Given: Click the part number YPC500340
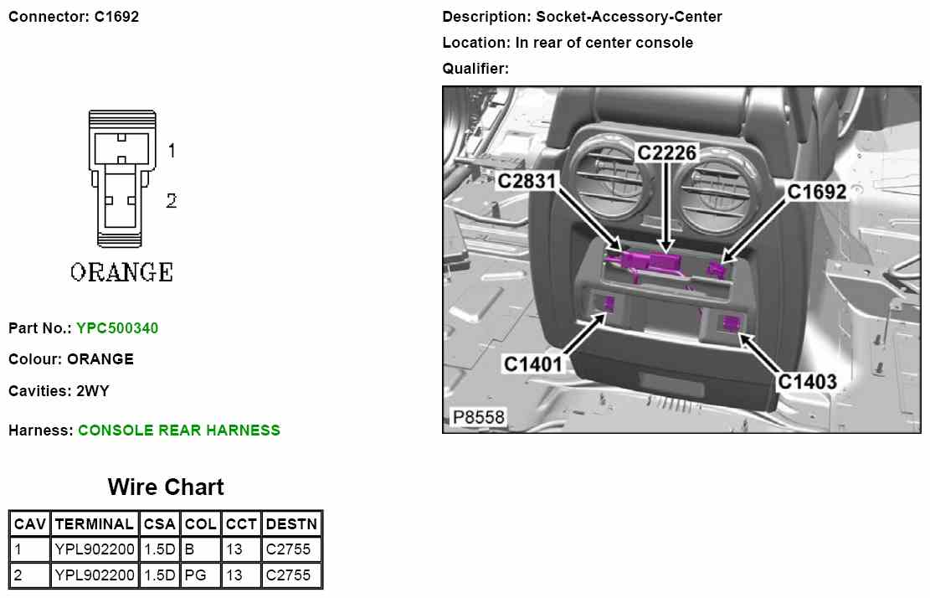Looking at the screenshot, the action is click(x=117, y=328).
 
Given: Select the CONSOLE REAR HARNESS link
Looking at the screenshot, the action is click(x=178, y=430).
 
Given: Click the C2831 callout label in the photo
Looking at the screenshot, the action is click(x=527, y=181).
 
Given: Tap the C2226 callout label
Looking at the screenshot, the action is click(x=666, y=153).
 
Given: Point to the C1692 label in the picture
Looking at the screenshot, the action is click(x=816, y=192).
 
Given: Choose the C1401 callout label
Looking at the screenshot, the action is click(x=532, y=363).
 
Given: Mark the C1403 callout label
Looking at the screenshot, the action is click(x=807, y=381).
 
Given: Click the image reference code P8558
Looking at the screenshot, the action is click(x=478, y=417).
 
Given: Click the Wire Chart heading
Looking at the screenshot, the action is click(x=166, y=487).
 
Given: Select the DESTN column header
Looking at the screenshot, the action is click(x=292, y=523).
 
